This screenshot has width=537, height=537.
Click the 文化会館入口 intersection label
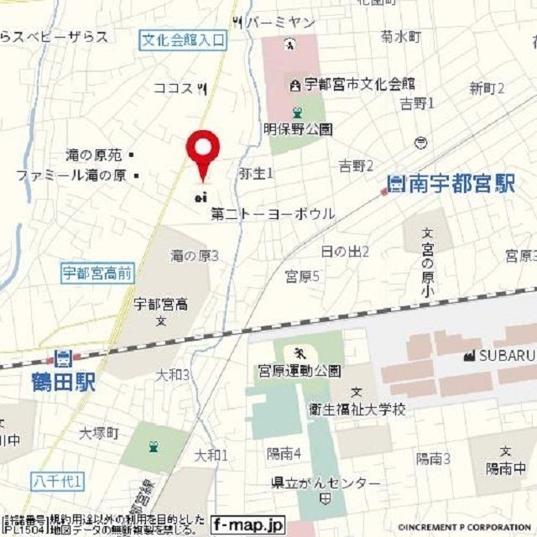[183, 38]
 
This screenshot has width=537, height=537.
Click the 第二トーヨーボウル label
[273, 214]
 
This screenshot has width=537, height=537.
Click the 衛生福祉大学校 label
[367, 409]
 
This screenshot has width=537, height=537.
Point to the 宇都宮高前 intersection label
[97, 273]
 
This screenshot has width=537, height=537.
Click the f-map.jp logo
[248, 525]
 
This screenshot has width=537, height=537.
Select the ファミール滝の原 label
[70, 175]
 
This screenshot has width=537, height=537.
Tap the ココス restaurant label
[174, 87]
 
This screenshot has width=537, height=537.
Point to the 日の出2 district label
[345, 252]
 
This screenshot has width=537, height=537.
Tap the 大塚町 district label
[100, 433]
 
